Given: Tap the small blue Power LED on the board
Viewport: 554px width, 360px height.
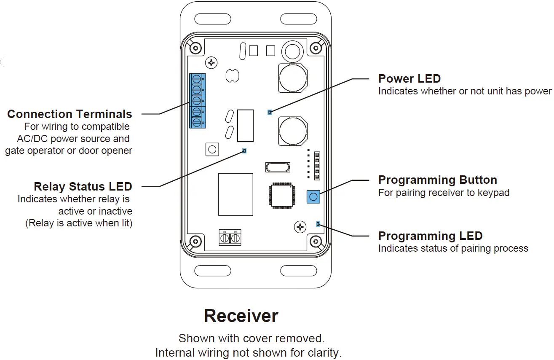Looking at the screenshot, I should click(270, 113).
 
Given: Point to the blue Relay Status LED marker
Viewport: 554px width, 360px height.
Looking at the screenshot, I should click(245, 150).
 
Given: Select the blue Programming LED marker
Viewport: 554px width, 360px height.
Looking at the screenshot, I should click(318, 224).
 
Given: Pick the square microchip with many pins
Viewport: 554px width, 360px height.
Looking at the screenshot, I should click(281, 195).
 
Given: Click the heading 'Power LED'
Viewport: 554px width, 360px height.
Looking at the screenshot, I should click(409, 79).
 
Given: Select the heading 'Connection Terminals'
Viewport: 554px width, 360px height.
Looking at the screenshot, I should click(70, 114).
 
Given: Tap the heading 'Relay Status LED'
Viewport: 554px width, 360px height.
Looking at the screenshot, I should click(83, 187).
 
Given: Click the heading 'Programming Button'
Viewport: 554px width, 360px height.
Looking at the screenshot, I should click(437, 180).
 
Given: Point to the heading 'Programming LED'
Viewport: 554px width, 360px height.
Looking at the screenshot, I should click(430, 236).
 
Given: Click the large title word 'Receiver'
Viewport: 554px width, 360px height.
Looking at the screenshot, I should click(241, 316).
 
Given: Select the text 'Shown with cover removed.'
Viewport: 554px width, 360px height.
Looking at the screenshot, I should click(252, 339).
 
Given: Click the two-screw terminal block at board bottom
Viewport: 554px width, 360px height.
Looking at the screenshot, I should click(230, 238).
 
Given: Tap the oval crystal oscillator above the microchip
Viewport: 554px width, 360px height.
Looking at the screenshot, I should click(278, 167).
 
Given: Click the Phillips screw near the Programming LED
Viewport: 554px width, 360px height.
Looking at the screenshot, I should click(300, 227).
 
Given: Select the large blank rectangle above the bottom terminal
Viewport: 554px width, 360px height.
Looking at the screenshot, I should click(236, 194).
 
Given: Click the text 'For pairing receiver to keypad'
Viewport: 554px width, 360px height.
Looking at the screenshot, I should click(444, 193).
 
